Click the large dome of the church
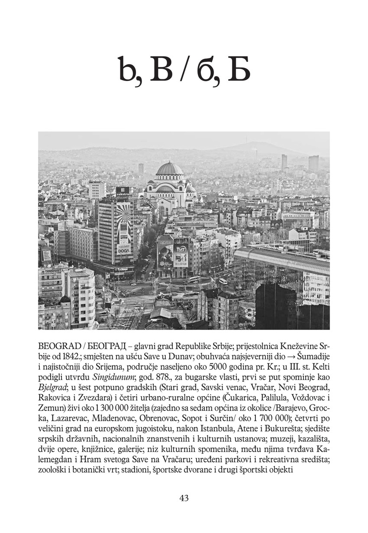tap(169, 169)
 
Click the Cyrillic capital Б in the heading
tap(239, 71)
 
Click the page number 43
tap(184, 498)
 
